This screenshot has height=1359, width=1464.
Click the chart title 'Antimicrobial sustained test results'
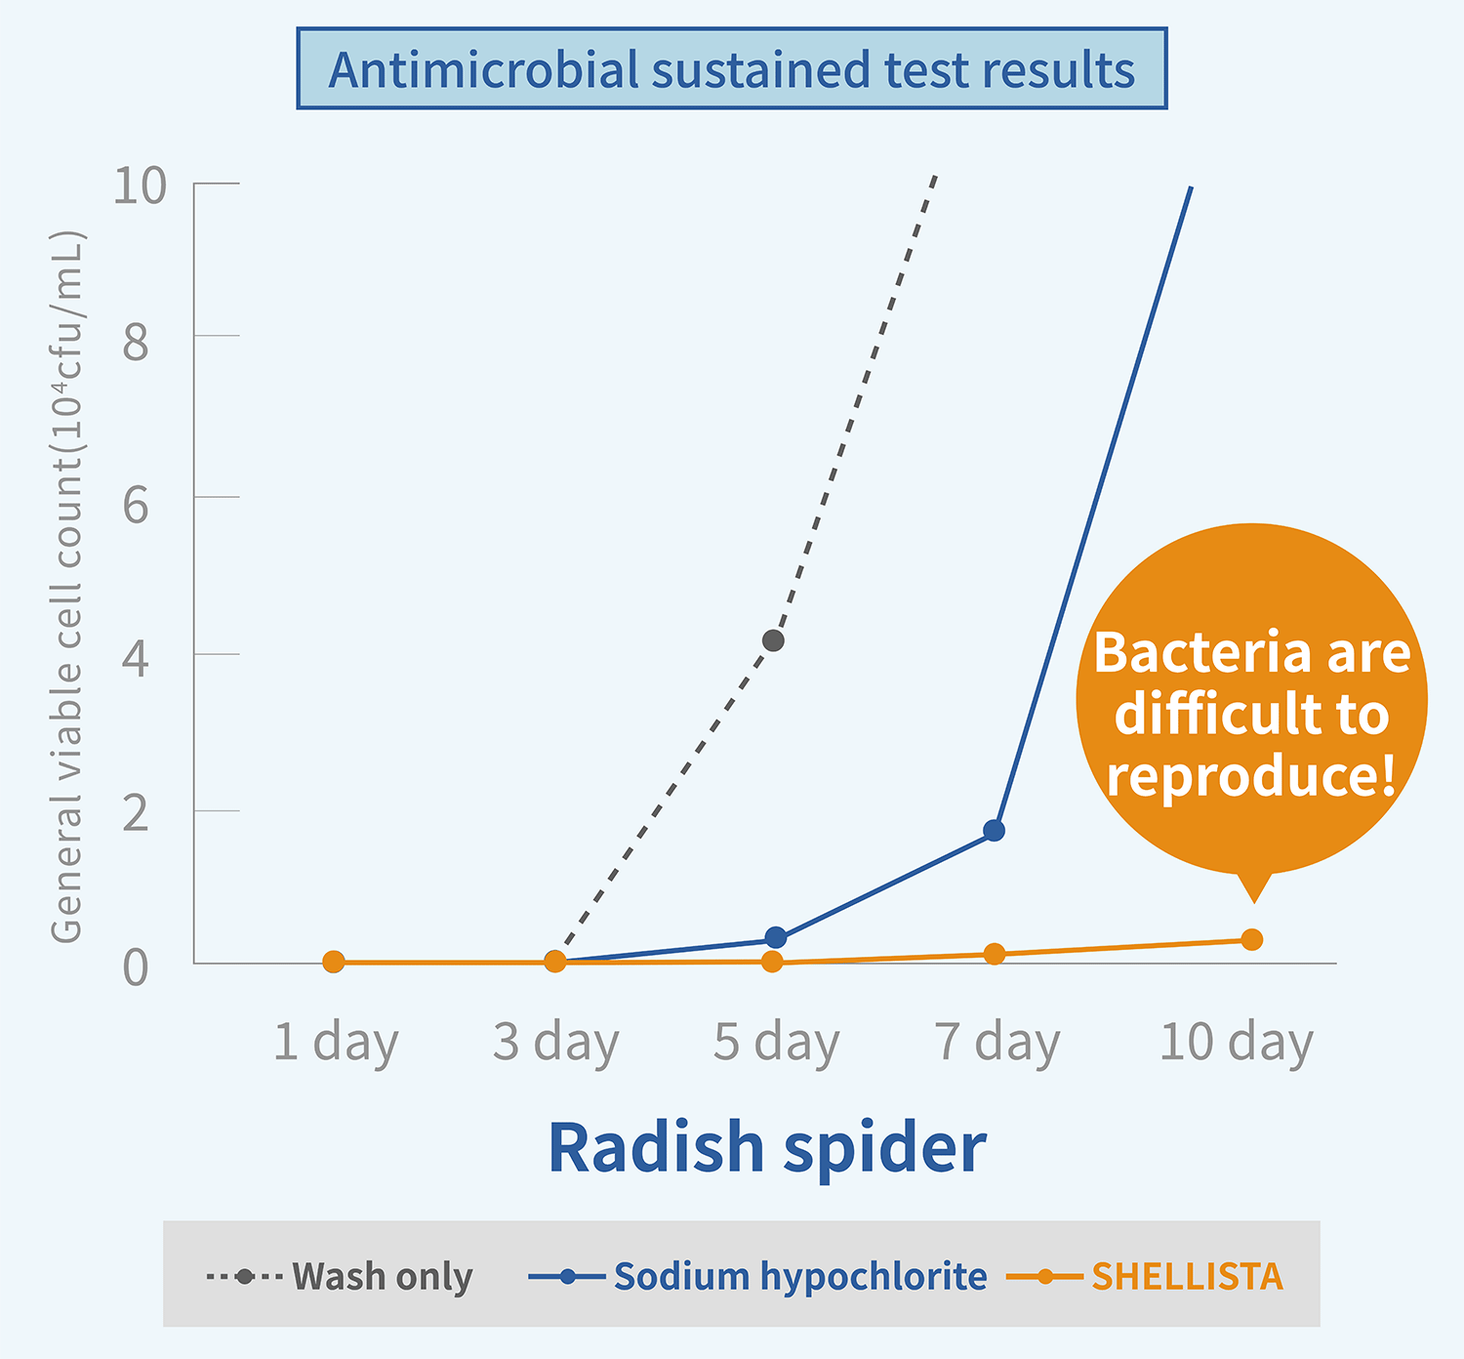coord(731,69)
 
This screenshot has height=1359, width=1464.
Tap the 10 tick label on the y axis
coord(140,185)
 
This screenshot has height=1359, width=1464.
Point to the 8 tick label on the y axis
coord(136,343)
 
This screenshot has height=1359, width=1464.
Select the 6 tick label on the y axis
coord(136,505)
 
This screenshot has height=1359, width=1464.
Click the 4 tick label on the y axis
coord(136,659)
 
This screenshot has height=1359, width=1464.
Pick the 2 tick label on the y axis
coord(136,814)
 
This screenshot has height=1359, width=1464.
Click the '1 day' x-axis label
coord(336,1042)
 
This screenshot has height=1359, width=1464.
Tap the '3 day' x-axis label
coord(555,1042)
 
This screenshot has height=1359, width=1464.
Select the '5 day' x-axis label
coord(776,1042)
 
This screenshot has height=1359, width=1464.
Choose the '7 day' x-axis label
coord(996,1042)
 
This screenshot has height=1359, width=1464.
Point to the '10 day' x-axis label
coord(1236,1042)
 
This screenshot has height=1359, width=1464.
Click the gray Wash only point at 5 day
coord(773,640)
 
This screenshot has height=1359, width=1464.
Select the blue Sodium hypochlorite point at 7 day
coord(994,831)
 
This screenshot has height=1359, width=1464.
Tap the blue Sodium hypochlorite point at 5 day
coord(775,938)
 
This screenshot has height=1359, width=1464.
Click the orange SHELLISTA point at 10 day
coord(1251,939)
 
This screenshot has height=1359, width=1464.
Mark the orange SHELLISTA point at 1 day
coord(334,962)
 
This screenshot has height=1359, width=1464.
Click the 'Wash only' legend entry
coord(382,1276)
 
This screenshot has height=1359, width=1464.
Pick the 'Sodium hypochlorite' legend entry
coord(799,1276)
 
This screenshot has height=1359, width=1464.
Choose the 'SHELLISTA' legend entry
coord(1186,1276)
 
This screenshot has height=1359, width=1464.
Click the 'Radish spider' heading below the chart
coord(767,1147)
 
